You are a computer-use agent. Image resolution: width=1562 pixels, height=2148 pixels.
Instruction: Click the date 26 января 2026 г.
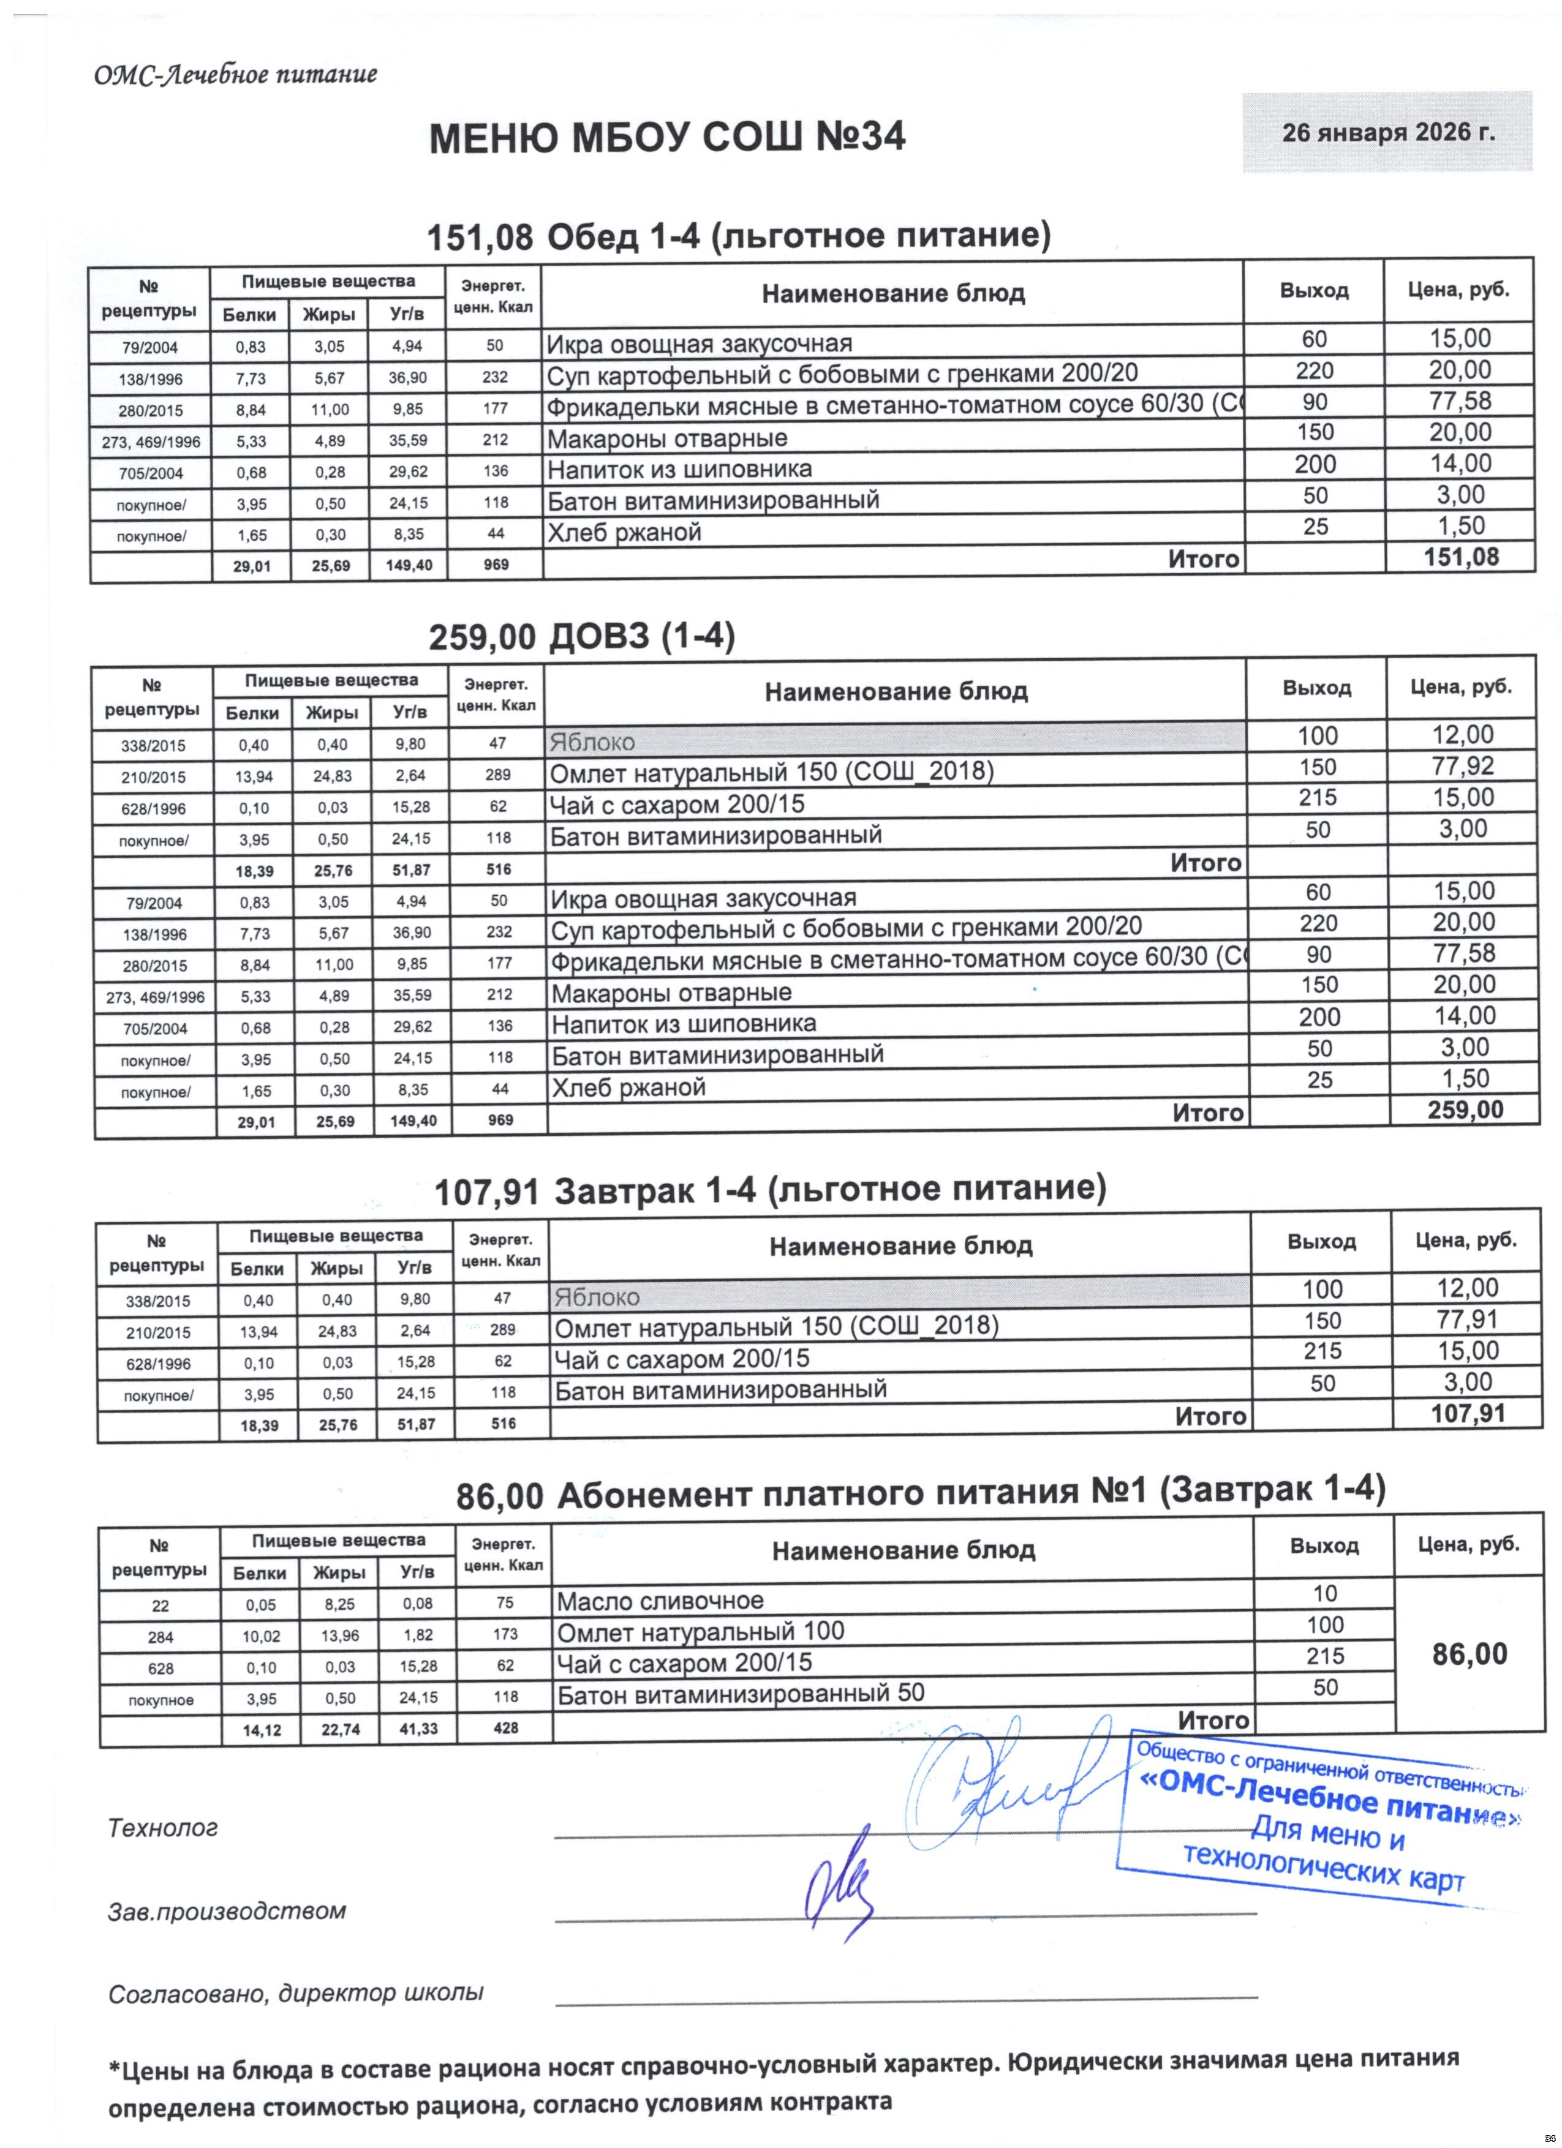pos(1387,133)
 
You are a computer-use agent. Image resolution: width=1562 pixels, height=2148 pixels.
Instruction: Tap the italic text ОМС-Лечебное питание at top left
pos(236,75)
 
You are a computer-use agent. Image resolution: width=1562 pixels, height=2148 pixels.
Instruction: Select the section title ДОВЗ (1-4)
pos(641,637)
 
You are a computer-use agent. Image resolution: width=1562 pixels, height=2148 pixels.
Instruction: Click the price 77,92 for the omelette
pos(1463,766)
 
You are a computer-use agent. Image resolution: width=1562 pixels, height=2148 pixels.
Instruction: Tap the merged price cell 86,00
pos(1469,1654)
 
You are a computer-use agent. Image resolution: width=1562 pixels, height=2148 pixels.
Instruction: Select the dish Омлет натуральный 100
pos(700,1631)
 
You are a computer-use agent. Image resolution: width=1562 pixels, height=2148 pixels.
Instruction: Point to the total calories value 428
pos(506,1727)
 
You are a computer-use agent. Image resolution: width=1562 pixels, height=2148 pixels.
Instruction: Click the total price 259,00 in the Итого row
pos(1465,1110)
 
